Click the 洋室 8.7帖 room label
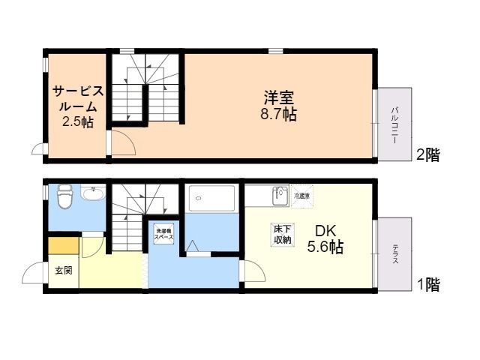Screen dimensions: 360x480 278,106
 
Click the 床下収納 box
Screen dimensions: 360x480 282,233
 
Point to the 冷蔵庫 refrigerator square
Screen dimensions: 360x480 301,195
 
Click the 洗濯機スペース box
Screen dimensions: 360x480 164,232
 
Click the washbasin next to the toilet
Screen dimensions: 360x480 92,196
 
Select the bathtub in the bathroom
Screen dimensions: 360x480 212,199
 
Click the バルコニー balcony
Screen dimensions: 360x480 394,124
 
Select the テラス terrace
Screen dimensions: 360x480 394,252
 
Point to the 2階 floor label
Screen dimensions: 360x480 427,155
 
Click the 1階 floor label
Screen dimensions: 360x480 427,284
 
